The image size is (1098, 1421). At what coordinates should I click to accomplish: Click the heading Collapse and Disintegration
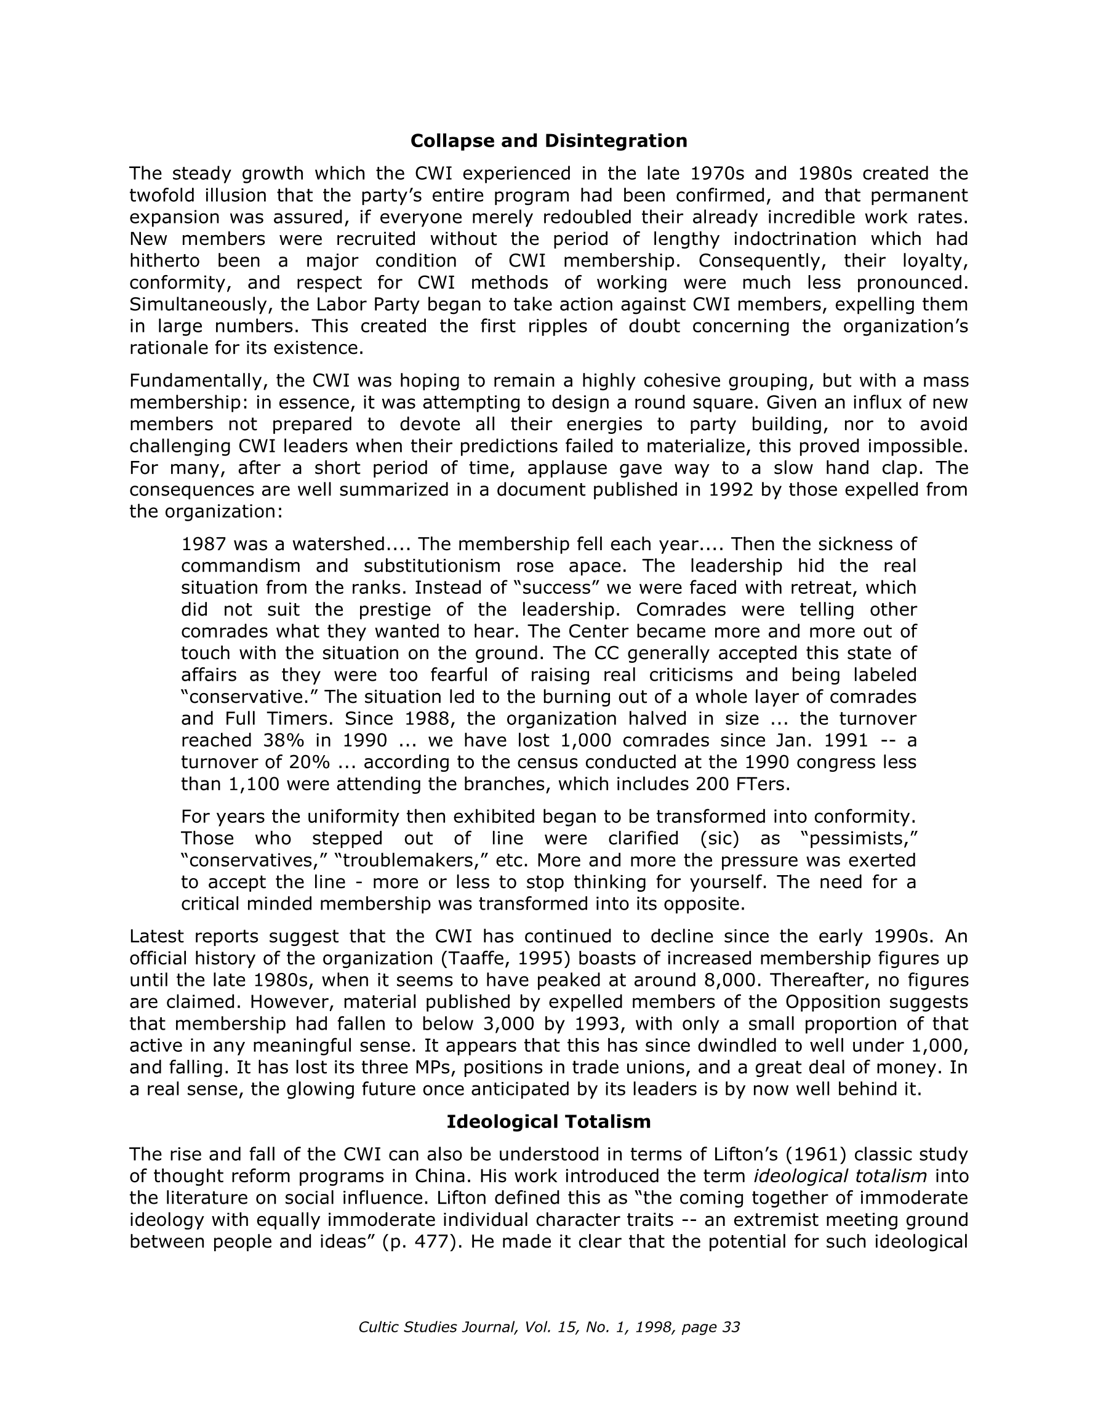pyautogui.click(x=548, y=141)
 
